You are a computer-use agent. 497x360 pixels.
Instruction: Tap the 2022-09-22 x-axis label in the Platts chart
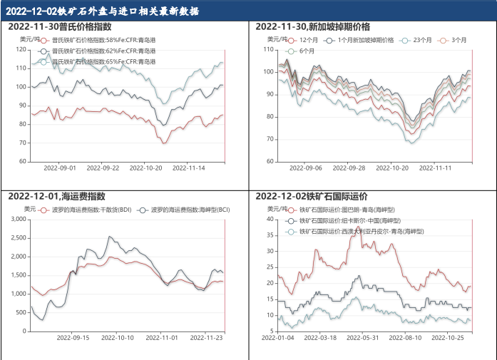101,168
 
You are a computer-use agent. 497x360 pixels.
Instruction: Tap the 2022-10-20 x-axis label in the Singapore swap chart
391,168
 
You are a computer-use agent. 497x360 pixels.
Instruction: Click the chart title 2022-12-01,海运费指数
57,196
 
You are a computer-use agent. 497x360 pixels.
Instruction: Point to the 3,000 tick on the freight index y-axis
17,220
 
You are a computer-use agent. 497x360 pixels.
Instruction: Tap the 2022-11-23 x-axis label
210,338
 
